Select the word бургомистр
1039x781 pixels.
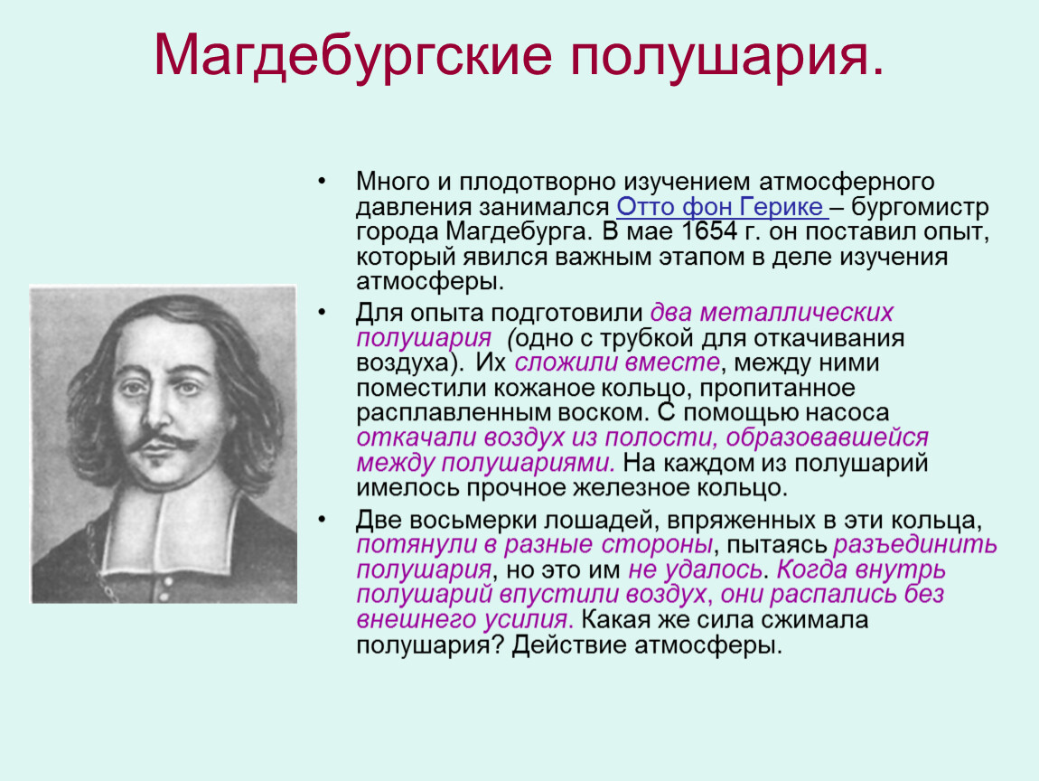(920, 207)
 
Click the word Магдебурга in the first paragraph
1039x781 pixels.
(518, 232)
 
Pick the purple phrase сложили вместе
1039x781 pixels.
(617, 362)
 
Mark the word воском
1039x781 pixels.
(603, 412)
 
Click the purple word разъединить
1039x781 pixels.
(915, 544)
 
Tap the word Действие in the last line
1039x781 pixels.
(569, 645)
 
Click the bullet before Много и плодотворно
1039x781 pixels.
(322, 181)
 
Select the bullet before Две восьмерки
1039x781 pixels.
(322, 519)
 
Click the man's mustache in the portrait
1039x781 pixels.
(162, 441)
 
